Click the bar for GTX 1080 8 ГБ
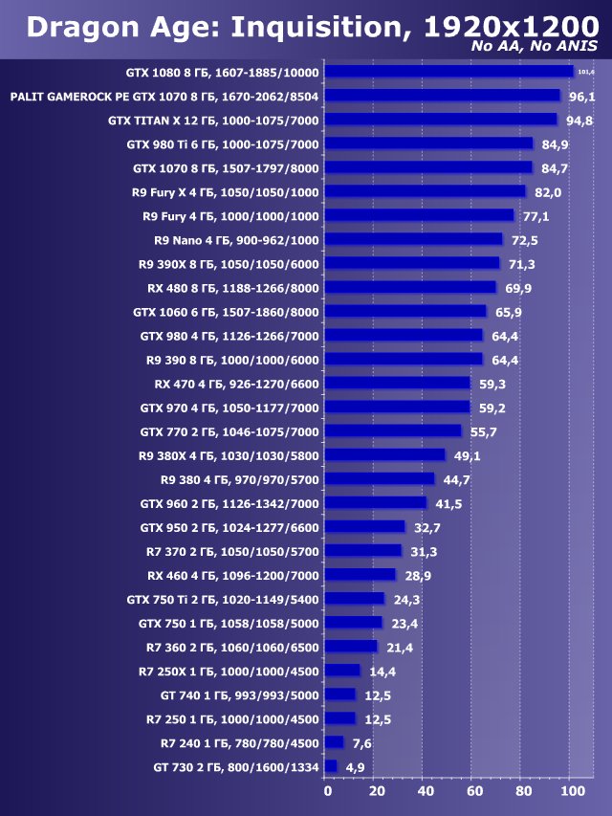tap(448, 72)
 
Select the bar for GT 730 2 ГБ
tap(331, 766)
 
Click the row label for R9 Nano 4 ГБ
tap(236, 240)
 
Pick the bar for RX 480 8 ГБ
tap(410, 288)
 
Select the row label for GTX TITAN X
tap(213, 121)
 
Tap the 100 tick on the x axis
tap(571, 791)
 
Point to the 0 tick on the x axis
tap(327, 791)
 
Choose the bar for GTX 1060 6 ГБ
tap(405, 312)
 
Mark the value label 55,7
tap(483, 431)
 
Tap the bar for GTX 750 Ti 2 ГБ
tap(355, 599)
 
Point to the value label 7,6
tap(361, 742)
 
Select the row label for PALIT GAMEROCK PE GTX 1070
tap(164, 97)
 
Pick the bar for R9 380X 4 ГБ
tap(385, 455)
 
